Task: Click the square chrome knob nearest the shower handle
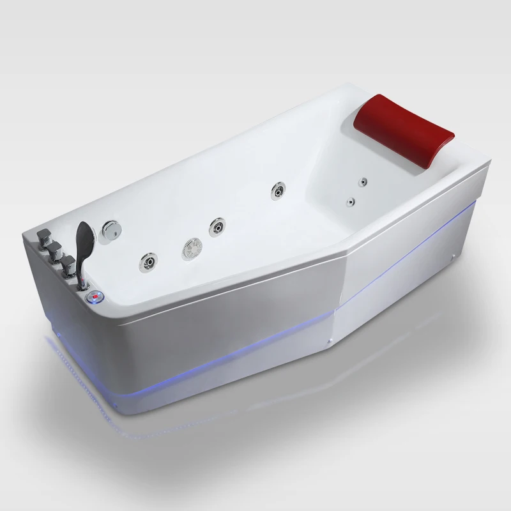pyautogui.click(x=67, y=262)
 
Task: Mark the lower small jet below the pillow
pyautogui.click(x=351, y=202)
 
